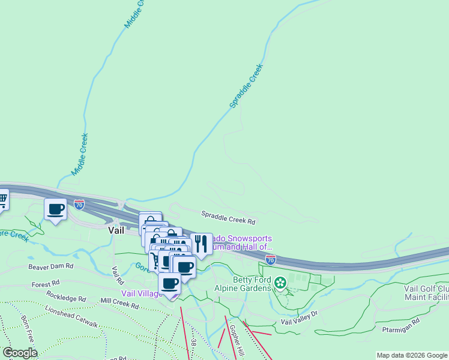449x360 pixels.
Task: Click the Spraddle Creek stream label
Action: [x=247, y=87]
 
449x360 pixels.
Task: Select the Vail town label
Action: [x=116, y=230]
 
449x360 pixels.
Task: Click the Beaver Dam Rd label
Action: [x=50, y=266]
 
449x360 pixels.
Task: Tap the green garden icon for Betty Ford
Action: [x=280, y=281]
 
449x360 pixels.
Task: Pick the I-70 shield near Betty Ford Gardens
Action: [x=271, y=259]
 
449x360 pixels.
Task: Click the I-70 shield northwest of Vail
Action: [x=79, y=205]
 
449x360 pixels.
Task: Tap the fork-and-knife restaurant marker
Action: [x=200, y=244]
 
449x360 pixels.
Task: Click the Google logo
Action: [x=19, y=353]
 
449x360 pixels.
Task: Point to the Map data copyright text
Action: [x=412, y=355]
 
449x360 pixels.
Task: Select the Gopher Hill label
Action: [x=235, y=339]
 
